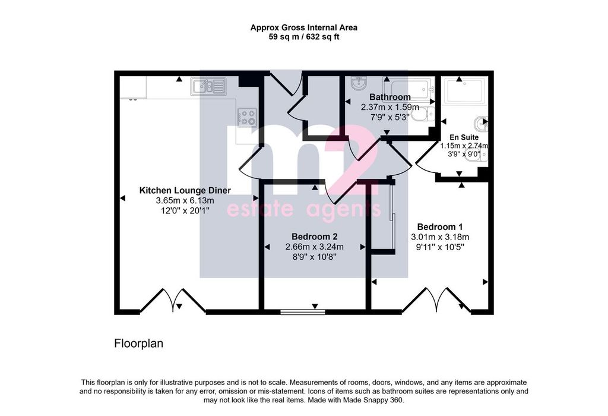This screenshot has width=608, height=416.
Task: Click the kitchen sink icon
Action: pyautogui.click(x=208, y=86)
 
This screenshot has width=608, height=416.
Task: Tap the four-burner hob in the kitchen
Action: pyautogui.click(x=248, y=117)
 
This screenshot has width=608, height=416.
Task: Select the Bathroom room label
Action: pyautogui.click(x=389, y=97)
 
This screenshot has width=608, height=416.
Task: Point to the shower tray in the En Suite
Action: pyautogui.click(x=464, y=91)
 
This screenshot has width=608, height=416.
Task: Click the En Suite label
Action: pyautogui.click(x=464, y=137)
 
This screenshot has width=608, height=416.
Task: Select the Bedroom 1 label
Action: pyautogui.click(x=440, y=227)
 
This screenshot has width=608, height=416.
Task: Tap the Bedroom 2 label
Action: pyautogui.click(x=315, y=237)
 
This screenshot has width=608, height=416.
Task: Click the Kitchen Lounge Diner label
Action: pyautogui.click(x=185, y=191)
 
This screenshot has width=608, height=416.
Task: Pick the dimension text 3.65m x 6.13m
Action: pyautogui.click(x=185, y=201)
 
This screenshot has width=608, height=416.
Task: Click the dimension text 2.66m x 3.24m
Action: pyautogui.click(x=315, y=247)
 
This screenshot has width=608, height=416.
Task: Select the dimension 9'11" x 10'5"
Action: pyautogui.click(x=440, y=247)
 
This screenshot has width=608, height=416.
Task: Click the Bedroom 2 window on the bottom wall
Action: pyautogui.click(x=303, y=311)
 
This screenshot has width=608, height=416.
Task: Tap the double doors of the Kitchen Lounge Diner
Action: pyautogui.click(x=173, y=300)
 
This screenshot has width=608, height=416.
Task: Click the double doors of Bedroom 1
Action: pyautogui.click(x=436, y=300)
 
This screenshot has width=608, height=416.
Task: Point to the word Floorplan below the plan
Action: pyautogui.click(x=138, y=344)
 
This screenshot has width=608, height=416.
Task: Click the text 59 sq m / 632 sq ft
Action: pyautogui.click(x=304, y=37)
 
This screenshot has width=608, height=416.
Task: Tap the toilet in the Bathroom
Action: pyautogui.click(x=423, y=114)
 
